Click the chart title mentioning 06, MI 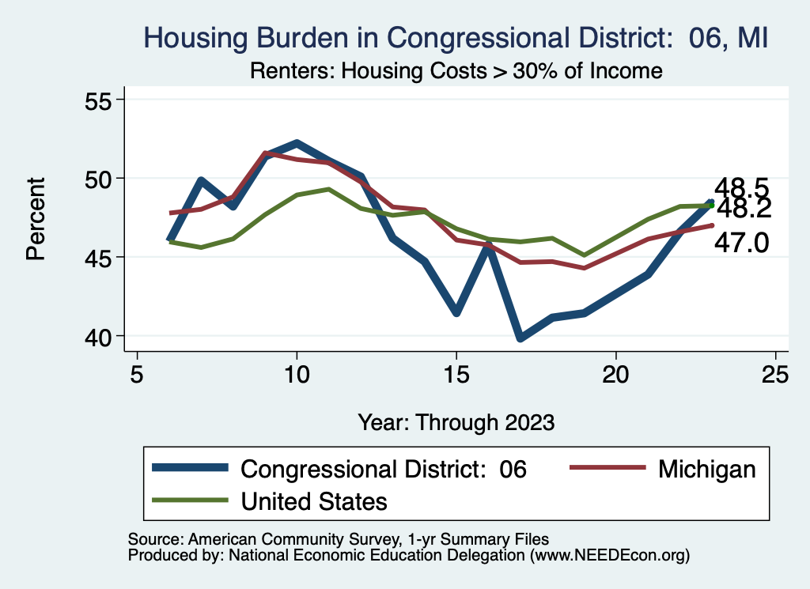455,37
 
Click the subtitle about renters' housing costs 456,70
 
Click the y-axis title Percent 35,218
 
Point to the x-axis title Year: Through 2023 456,421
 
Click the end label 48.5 741,188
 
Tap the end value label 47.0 741,243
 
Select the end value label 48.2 744,209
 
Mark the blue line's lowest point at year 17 520,338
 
